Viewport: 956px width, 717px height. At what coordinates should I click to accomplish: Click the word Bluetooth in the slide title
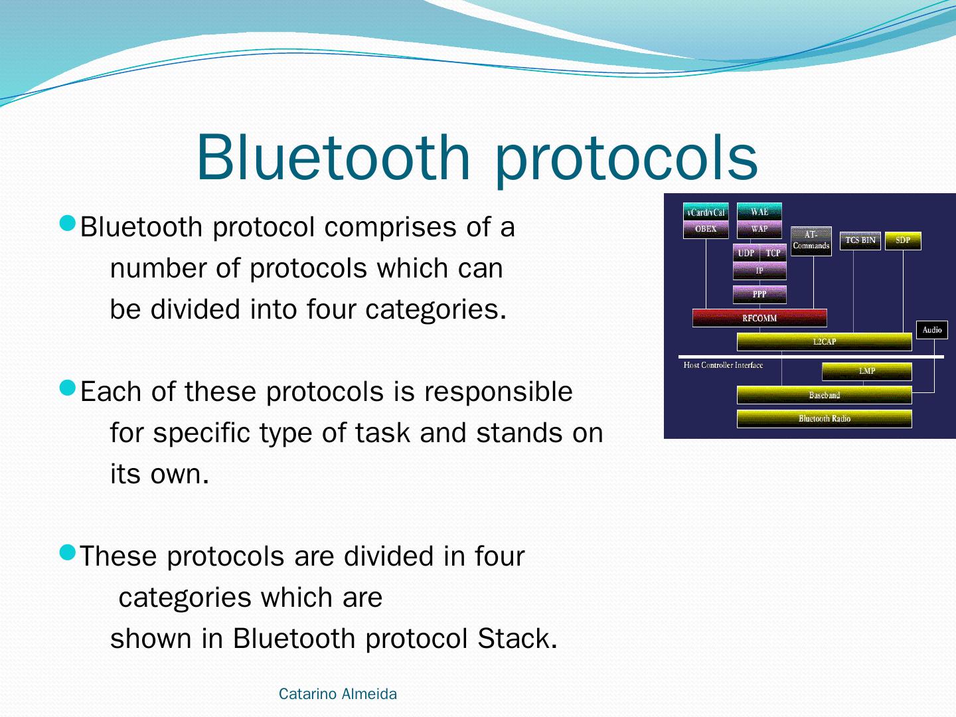334,157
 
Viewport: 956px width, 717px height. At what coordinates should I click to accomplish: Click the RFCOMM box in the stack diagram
759,318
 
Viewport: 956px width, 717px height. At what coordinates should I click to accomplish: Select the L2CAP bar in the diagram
824,342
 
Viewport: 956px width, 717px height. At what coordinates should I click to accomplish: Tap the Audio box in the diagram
931,330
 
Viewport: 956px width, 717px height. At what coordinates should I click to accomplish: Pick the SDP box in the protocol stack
903,240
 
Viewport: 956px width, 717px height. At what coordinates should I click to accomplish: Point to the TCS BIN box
860,240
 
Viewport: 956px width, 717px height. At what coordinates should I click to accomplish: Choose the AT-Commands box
811,241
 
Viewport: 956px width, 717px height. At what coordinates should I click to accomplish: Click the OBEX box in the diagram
706,230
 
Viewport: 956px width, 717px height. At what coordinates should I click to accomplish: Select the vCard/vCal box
706,212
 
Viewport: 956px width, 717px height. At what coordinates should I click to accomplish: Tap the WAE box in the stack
759,212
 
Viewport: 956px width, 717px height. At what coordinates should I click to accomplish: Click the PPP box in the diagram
759,294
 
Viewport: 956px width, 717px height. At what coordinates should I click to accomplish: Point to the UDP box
746,253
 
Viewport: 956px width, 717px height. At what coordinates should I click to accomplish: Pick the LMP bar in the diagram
867,371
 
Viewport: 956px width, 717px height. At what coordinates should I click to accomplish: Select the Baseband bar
824,395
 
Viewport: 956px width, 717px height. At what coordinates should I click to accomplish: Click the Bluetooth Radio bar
824,419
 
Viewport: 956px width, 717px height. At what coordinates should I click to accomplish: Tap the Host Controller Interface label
723,365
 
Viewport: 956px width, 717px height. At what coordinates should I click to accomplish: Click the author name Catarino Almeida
337,694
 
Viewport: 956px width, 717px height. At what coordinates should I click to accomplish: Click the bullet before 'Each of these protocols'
68,388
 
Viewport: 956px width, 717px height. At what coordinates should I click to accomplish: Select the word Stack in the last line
517,639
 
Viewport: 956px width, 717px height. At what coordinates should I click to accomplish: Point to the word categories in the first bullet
436,310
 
